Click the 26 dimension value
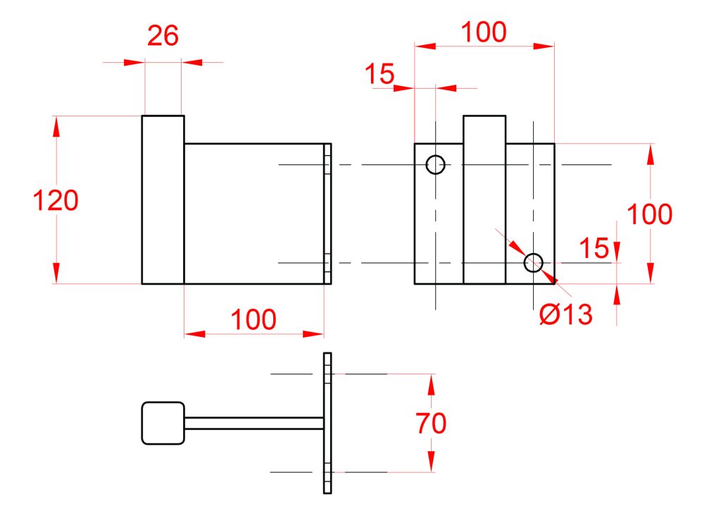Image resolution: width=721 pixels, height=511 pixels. [163, 35]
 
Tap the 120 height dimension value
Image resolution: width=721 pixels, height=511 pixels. [56, 200]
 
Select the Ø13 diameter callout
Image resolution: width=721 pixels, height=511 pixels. [565, 314]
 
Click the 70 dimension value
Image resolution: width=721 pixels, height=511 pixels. [431, 423]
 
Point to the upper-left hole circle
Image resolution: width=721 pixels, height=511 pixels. [435, 164]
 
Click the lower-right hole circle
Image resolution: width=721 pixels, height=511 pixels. [534, 262]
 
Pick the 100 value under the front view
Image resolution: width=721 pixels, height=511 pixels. [253, 319]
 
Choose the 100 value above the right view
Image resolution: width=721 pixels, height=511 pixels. [484, 32]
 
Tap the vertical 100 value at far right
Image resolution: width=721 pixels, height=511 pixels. [650, 214]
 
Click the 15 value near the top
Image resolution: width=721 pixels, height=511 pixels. [380, 74]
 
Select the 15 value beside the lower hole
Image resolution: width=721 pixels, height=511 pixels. [594, 249]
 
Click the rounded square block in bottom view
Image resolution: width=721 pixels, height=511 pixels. [163, 423]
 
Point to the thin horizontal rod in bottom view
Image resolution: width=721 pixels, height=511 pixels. [254, 423]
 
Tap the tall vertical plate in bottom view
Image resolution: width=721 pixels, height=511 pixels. [327, 423]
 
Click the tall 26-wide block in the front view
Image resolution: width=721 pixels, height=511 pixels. [163, 199]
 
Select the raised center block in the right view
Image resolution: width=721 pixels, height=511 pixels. [484, 199]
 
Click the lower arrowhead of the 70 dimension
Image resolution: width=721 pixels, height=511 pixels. [431, 461]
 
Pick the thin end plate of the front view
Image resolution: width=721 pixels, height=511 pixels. [327, 214]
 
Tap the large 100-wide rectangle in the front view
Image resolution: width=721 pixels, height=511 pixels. [254, 214]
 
